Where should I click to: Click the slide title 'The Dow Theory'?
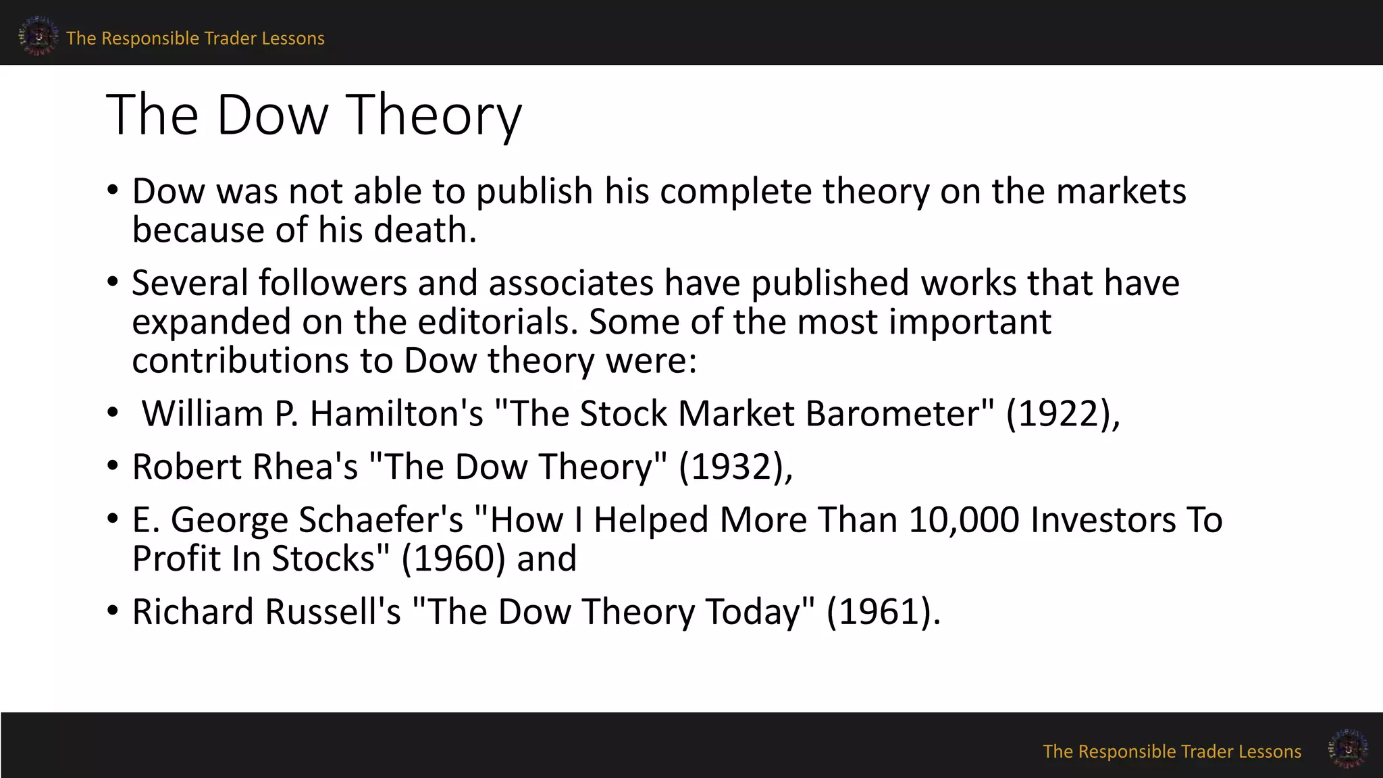point(314,115)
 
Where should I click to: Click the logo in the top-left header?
point(38,36)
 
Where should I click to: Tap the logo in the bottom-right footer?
point(1347,748)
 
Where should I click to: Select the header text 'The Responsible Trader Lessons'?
point(195,38)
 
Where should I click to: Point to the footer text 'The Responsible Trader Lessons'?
point(1172,752)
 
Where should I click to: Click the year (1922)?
point(1058,413)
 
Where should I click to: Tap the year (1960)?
point(453,559)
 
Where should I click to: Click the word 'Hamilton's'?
point(396,413)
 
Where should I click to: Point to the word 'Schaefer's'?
point(381,520)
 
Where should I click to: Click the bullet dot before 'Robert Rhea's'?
point(113,466)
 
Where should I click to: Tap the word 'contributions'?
point(240,361)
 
